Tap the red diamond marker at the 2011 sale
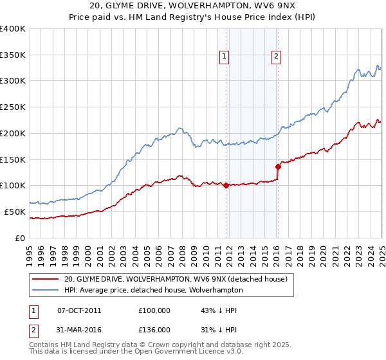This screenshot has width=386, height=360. click(226, 186)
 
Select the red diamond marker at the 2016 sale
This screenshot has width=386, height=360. click(279, 166)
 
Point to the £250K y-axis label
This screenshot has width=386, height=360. click(13, 107)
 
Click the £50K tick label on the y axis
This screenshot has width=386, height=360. click(15, 212)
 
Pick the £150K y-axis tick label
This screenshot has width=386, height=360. click(13, 159)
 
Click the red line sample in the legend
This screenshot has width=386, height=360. click(46, 279)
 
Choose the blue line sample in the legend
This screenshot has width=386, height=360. click(46, 290)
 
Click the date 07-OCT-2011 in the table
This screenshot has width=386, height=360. click(79, 310)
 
